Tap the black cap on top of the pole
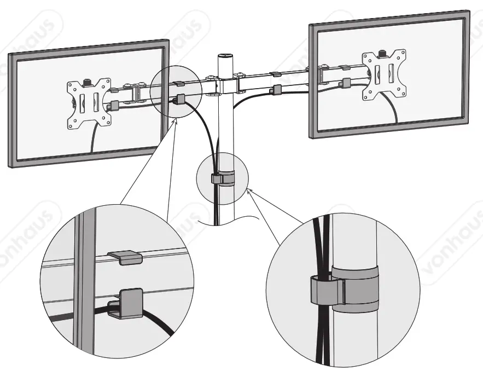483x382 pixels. coord(225,56)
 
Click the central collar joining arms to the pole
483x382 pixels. coord(224,85)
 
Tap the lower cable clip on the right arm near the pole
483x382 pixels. coord(277,89)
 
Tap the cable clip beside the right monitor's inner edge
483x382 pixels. coord(345,83)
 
